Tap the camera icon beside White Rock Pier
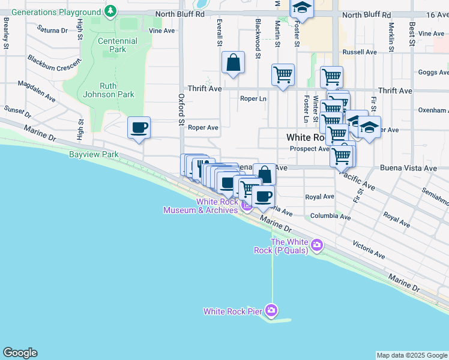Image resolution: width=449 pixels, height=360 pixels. click(x=271, y=310)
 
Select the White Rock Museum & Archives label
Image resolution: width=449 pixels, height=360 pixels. click(x=200, y=206)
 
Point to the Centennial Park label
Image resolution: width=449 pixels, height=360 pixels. click(x=118, y=45)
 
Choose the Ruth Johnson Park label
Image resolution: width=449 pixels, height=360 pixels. click(x=109, y=89)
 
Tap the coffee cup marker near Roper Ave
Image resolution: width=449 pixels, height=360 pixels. click(x=139, y=128)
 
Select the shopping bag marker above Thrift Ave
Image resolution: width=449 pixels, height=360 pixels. click(x=233, y=63)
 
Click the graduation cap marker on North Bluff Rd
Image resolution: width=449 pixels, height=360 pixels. click(x=302, y=8)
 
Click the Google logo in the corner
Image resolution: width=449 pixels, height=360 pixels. click(x=20, y=353)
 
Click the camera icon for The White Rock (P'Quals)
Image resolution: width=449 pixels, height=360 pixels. click(x=318, y=245)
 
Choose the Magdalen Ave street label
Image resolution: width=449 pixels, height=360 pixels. click(x=37, y=91)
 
